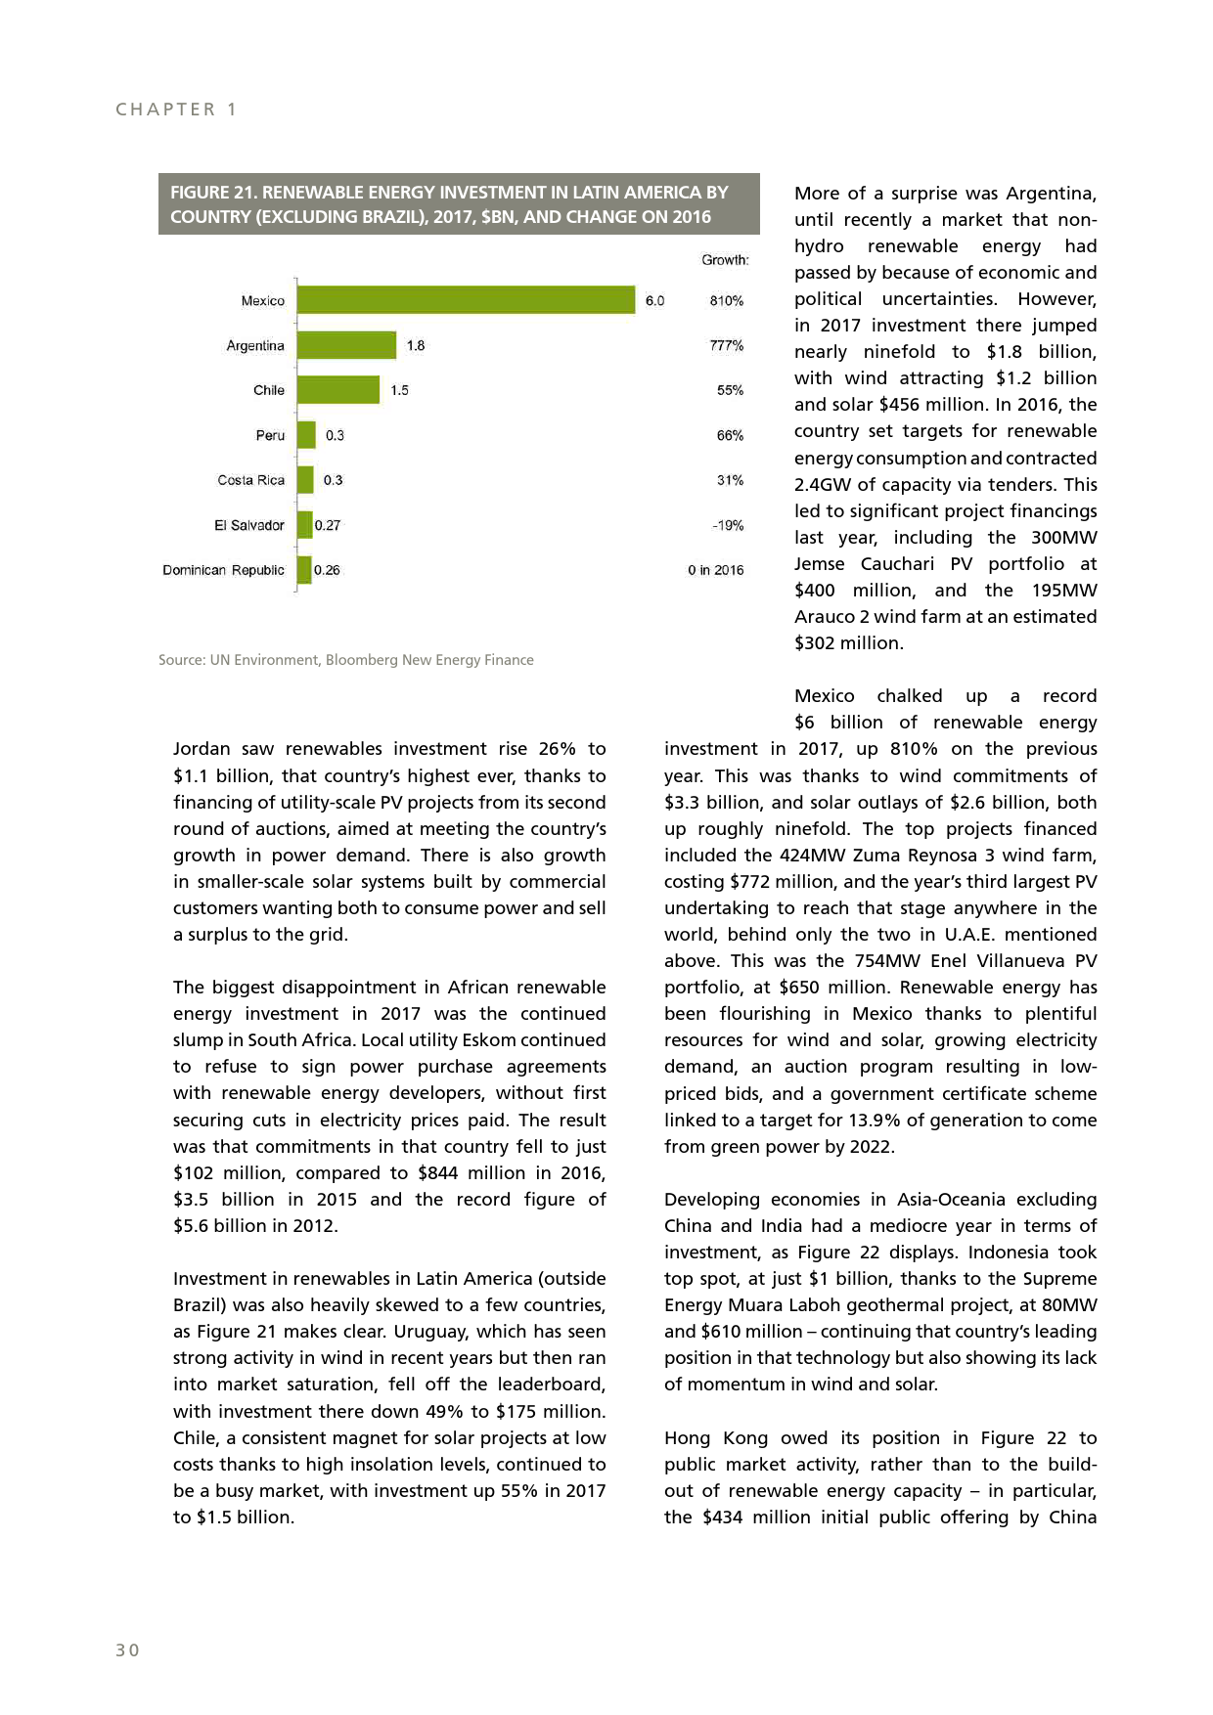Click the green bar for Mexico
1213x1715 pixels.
tap(466, 300)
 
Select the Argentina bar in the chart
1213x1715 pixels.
tap(346, 345)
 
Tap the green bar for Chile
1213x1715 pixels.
tap(338, 390)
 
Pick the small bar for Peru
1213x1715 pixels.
tap(306, 435)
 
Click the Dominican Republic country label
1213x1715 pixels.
tap(223, 570)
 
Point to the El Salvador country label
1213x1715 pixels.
tap(248, 525)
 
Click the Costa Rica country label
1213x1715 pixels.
tap(250, 480)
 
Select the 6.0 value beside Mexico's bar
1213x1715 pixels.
tap(654, 300)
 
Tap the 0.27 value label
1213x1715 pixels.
tap(328, 525)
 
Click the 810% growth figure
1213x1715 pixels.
tap(727, 300)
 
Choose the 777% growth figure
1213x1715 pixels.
tap(727, 345)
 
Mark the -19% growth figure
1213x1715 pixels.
tap(728, 525)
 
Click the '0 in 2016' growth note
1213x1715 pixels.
tap(715, 570)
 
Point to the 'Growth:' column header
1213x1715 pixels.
tap(725, 260)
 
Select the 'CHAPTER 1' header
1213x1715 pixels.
tap(176, 110)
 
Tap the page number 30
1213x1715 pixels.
tap(127, 1650)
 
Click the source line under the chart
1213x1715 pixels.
tap(346, 660)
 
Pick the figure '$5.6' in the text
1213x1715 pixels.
tap(192, 1226)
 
